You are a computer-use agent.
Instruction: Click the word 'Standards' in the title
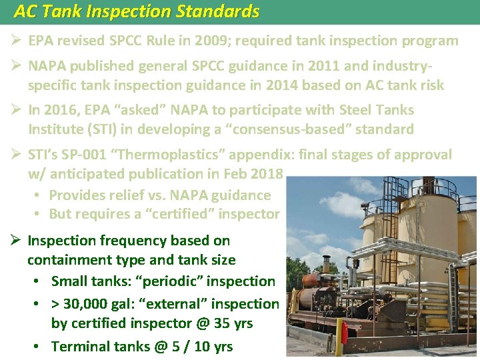coord(215,11)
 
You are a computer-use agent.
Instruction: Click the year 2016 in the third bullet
coord(61,110)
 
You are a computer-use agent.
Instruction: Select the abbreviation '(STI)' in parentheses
coord(96,129)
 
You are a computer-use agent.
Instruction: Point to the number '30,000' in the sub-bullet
coord(88,304)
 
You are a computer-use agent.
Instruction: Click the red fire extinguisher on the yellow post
coord(345,332)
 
